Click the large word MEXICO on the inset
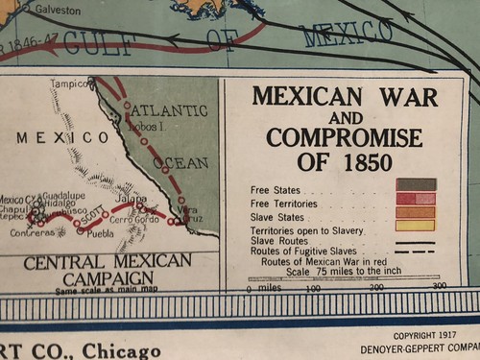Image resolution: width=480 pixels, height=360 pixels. pos(62,137)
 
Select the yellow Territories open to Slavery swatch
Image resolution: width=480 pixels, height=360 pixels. pos(416,227)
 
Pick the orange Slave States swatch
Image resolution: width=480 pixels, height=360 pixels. pos(416,212)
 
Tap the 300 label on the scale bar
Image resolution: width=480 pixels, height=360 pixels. pos(440,286)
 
